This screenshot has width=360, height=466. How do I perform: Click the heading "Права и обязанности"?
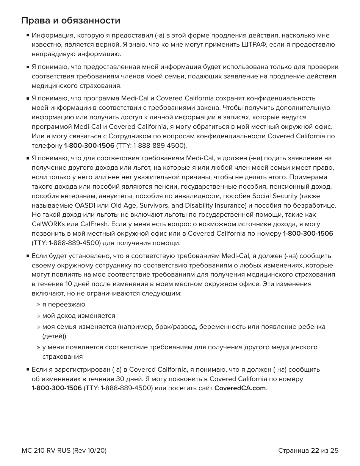click(x=71, y=20)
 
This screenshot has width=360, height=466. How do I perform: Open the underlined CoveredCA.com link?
click(x=240, y=388)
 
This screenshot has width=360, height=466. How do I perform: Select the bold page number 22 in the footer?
click(x=315, y=450)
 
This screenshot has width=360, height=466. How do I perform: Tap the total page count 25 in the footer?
click(x=334, y=450)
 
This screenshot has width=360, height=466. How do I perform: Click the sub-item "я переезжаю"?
click(x=64, y=305)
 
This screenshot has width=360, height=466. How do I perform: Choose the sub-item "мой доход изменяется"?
click(x=78, y=316)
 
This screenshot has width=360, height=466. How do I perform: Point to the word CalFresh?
click(x=80, y=224)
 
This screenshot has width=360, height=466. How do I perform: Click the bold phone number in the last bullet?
click(x=57, y=388)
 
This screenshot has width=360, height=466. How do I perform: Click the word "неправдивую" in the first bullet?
click(x=51, y=54)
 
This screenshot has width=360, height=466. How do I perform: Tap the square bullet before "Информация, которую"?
click(x=28, y=36)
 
